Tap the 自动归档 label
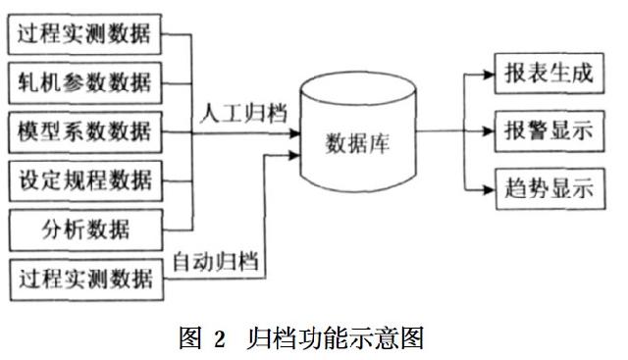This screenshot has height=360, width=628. pyautogui.click(x=215, y=262)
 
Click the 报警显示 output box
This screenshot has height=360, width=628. pyautogui.click(x=549, y=131)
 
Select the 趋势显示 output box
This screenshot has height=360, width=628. pyautogui.click(x=549, y=187)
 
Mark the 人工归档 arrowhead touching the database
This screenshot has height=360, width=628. pyautogui.click(x=293, y=131)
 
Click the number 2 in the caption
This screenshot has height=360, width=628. pyautogui.click(x=221, y=339)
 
